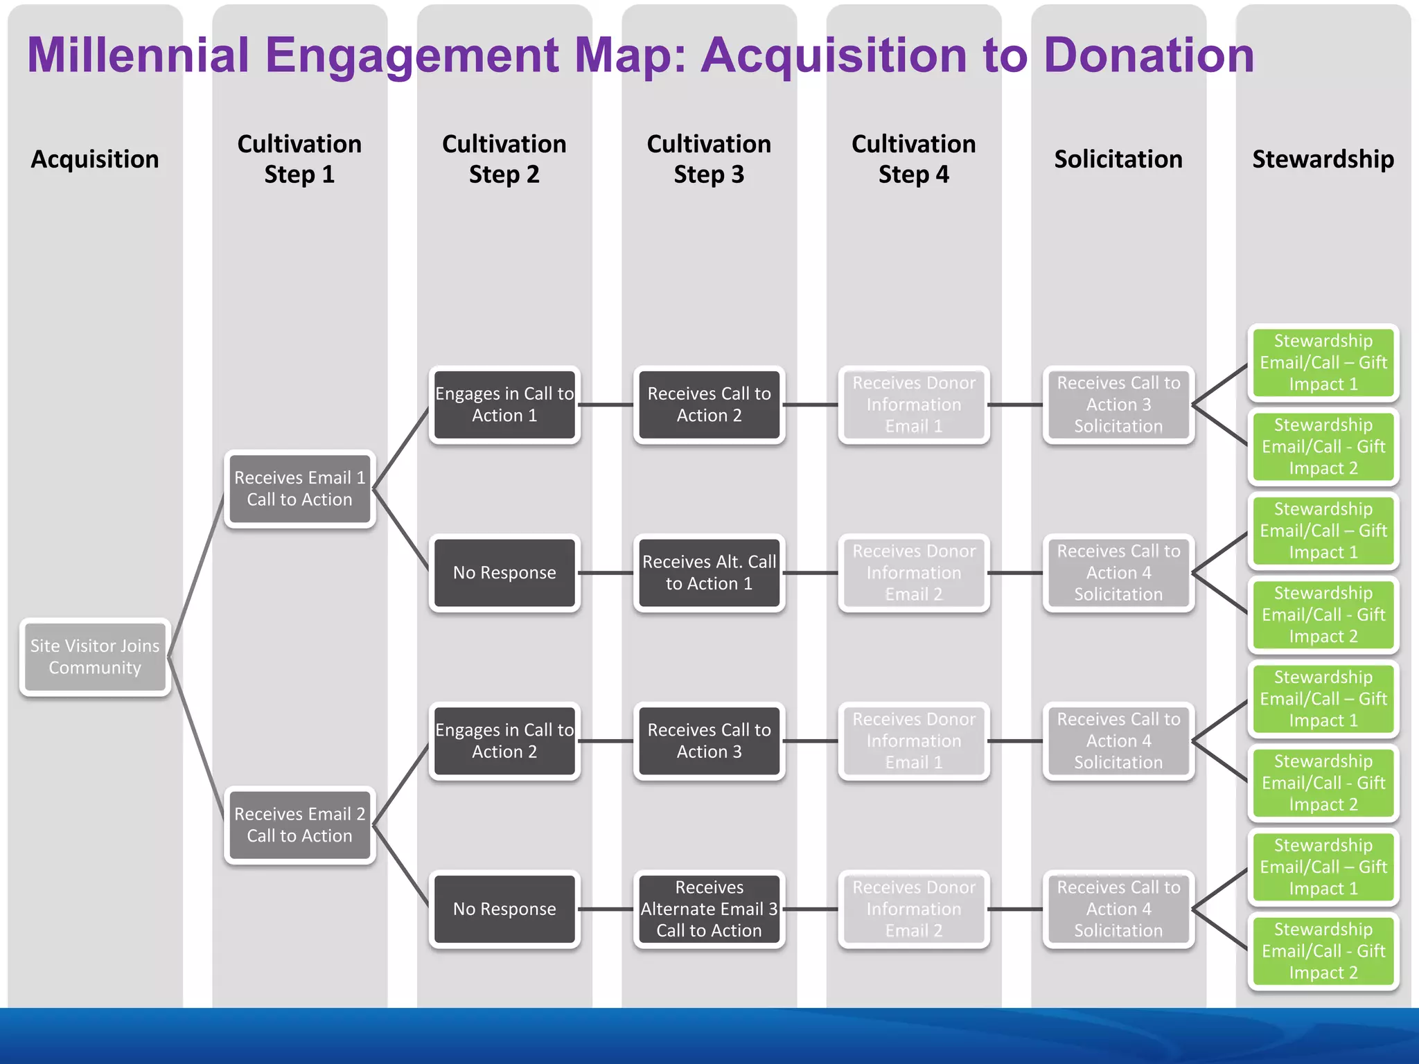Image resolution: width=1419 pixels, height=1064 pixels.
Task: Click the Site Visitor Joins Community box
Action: pyautogui.click(x=95, y=657)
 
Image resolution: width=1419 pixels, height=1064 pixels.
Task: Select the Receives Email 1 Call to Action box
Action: pyautogui.click(x=299, y=489)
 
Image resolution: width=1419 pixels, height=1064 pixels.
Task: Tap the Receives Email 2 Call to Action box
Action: pyautogui.click(x=299, y=825)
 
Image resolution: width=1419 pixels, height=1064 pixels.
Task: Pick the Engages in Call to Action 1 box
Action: pyautogui.click(x=504, y=405)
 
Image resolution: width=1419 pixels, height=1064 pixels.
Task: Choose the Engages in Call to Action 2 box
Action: pyautogui.click(x=504, y=741)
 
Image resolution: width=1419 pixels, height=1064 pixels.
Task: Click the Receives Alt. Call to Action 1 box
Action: pyautogui.click(x=709, y=573)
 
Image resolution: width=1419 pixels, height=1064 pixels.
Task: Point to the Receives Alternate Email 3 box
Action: pyautogui.click(x=709, y=909)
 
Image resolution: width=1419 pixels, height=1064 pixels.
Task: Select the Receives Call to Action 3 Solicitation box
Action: pyautogui.click(x=1118, y=405)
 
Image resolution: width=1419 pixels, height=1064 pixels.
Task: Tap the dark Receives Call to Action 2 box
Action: pyautogui.click(x=709, y=405)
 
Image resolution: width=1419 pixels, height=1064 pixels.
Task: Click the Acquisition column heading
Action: pyautogui.click(x=95, y=159)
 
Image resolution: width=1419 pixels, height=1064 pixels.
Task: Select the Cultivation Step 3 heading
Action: pyautogui.click(x=709, y=159)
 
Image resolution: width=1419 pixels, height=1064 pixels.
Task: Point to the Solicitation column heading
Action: pyautogui.click(x=1118, y=159)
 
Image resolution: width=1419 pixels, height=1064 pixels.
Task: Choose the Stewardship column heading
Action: pyautogui.click(x=1323, y=159)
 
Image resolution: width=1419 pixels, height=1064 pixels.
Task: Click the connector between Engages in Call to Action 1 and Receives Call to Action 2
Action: pyautogui.click(x=606, y=405)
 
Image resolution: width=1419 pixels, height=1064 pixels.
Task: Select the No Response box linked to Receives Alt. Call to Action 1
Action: pyautogui.click(x=504, y=573)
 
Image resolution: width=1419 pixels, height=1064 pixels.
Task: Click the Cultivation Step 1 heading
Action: pyautogui.click(x=299, y=159)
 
